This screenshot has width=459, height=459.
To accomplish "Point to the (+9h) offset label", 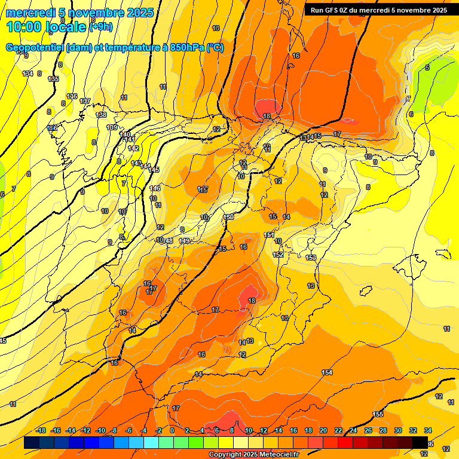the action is point(101,26).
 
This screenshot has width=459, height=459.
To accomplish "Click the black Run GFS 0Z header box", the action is point(378,10).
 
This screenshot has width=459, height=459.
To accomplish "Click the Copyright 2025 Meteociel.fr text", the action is point(253,455).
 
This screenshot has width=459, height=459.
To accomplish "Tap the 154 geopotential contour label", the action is point(327,372).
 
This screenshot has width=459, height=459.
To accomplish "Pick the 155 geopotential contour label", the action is point(378,414).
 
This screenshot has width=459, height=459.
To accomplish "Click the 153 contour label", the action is point(311,258).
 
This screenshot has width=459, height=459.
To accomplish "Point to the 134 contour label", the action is point(27,74).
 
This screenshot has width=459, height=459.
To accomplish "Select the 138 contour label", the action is point(102,115).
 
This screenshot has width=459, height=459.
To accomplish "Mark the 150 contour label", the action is point(228,217).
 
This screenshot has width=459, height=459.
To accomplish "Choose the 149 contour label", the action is point(185,241).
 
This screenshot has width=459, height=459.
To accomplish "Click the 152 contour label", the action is point(278,255).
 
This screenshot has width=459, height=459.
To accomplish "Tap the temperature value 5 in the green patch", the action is point(427,68).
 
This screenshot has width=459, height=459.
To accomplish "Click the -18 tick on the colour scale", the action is point(41,430).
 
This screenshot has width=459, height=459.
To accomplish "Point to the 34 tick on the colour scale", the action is point(428,430).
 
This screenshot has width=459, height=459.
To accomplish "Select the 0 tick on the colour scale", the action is point(172,430).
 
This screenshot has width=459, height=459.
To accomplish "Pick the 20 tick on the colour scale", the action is point(323,430).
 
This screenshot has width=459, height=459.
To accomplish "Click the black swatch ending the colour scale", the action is point(420,442).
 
